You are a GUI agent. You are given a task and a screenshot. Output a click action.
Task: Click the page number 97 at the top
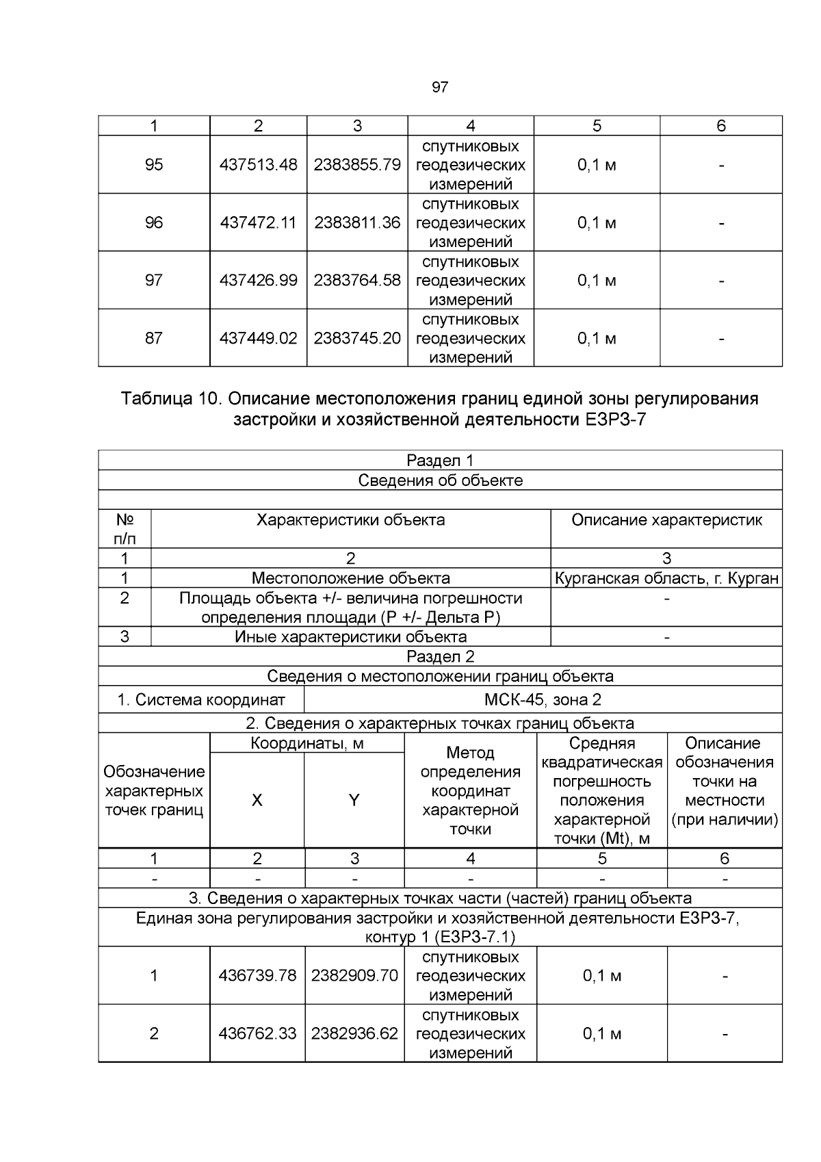pyautogui.click(x=440, y=87)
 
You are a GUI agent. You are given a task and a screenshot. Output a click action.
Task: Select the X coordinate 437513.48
pyautogui.click(x=258, y=165)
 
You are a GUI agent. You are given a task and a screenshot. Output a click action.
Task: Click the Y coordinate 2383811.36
pyautogui.click(x=357, y=222)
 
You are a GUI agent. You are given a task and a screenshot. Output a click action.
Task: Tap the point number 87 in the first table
pyautogui.click(x=154, y=338)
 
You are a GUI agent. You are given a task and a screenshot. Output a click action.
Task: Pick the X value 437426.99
pyautogui.click(x=258, y=281)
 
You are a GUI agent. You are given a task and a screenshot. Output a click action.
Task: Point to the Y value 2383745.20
pyautogui.click(x=357, y=338)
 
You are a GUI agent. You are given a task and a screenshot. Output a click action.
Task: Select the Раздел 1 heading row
pyautogui.click(x=440, y=461)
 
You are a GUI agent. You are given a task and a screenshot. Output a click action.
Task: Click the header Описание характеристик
pyautogui.click(x=666, y=520)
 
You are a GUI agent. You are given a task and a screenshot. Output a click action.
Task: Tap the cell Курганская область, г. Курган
pyautogui.click(x=666, y=579)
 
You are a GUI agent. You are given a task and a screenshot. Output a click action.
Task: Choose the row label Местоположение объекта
pyautogui.click(x=350, y=579)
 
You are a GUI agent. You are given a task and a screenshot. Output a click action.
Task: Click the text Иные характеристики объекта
pyautogui.click(x=350, y=637)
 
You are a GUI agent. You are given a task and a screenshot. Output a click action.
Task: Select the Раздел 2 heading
pyautogui.click(x=440, y=657)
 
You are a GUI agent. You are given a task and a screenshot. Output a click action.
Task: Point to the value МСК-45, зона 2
pyautogui.click(x=543, y=700)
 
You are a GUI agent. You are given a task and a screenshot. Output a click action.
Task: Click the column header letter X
pyautogui.click(x=257, y=800)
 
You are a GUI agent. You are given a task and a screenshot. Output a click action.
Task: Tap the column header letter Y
pyautogui.click(x=354, y=800)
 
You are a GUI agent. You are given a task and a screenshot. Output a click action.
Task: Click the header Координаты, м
pyautogui.click(x=307, y=744)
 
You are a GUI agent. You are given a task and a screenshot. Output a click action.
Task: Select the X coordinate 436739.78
pyautogui.click(x=257, y=976)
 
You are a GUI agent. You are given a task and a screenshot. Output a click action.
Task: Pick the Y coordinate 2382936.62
pyautogui.click(x=354, y=1033)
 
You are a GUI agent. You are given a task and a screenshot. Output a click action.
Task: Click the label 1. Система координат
pyautogui.click(x=200, y=700)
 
